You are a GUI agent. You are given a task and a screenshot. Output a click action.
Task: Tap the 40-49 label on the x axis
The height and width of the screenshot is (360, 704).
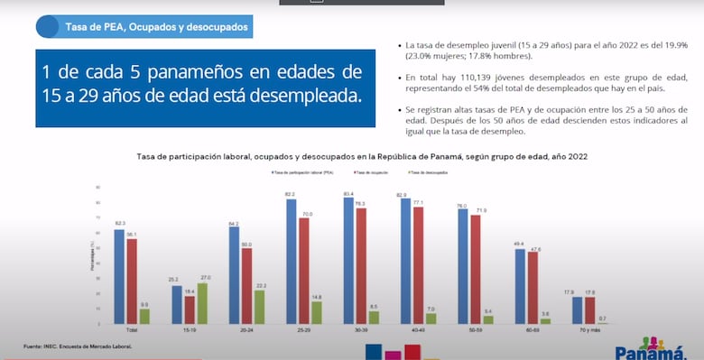point(418,330)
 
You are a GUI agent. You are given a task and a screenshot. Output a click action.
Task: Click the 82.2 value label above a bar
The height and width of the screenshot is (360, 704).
point(291,194)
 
